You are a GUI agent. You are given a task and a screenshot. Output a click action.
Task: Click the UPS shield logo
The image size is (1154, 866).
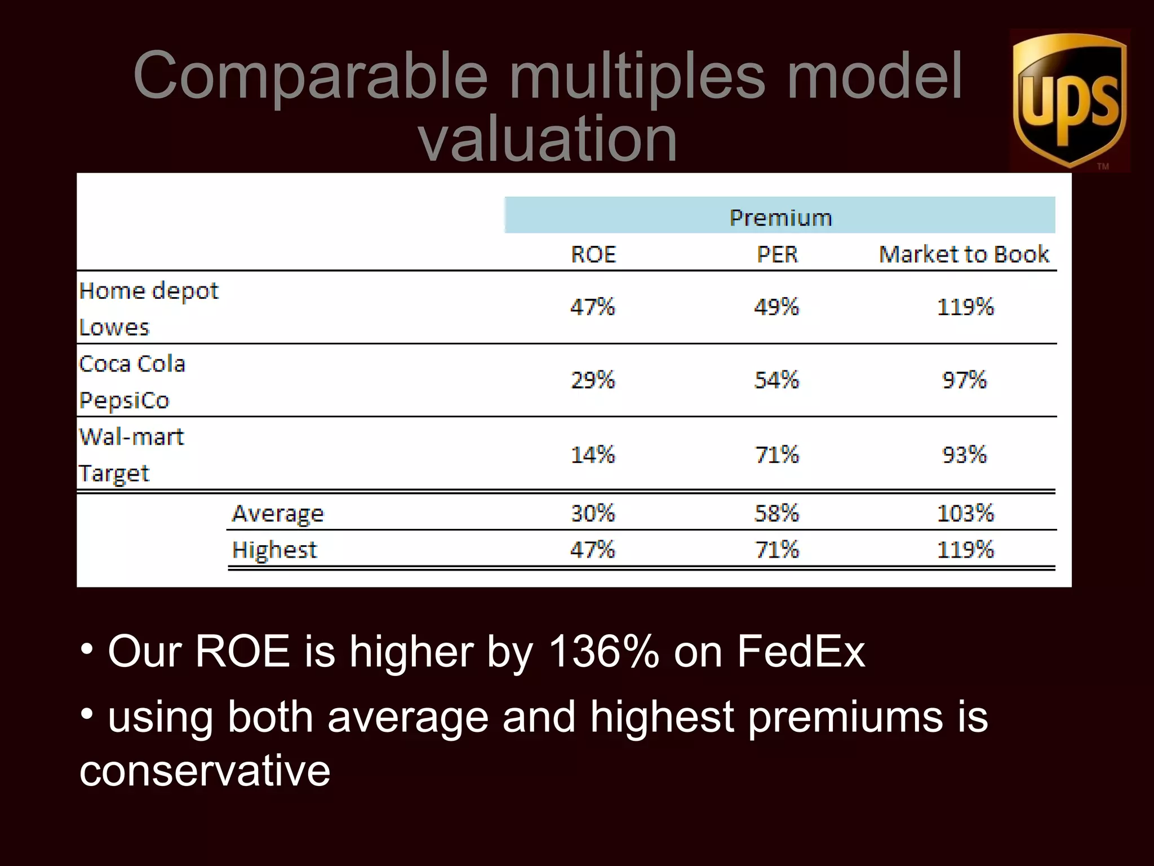point(1069,100)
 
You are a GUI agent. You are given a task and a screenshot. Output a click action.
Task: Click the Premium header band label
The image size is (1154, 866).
point(780,218)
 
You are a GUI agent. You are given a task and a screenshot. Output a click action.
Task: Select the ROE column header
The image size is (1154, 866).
point(593,254)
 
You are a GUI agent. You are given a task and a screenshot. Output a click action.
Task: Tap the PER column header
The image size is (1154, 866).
point(777,254)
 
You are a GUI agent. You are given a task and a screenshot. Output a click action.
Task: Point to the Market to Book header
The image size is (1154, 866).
point(964,254)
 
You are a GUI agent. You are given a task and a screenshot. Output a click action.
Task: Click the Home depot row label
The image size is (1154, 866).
point(149,291)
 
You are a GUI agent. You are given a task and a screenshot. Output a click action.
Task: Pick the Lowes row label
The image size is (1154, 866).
point(114,328)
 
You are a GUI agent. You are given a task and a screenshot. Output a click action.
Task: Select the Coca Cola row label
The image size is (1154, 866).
point(132,364)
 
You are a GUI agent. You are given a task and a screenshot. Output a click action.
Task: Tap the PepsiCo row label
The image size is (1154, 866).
point(124,400)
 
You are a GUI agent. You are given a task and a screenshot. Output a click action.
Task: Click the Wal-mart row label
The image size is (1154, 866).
point(132,436)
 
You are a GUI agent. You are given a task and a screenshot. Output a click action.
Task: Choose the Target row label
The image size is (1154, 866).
point(114,474)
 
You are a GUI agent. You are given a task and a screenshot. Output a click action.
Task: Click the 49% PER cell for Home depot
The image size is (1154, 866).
point(776,307)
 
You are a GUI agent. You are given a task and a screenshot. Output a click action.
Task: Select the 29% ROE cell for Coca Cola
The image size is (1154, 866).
point(593,380)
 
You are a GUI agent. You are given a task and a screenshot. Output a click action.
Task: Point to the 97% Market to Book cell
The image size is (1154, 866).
point(964,380)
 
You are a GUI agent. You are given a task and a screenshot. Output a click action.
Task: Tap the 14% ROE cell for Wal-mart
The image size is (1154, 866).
point(593,454)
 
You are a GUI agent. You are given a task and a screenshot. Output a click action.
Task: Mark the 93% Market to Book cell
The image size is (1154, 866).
point(964,454)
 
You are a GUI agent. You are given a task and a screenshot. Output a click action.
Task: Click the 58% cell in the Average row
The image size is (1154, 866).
point(776,513)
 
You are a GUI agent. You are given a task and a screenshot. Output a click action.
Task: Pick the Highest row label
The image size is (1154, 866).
point(274,550)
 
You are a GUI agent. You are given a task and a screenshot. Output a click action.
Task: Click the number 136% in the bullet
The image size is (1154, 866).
point(603,651)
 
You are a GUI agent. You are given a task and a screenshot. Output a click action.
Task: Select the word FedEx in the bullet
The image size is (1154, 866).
point(801,651)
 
